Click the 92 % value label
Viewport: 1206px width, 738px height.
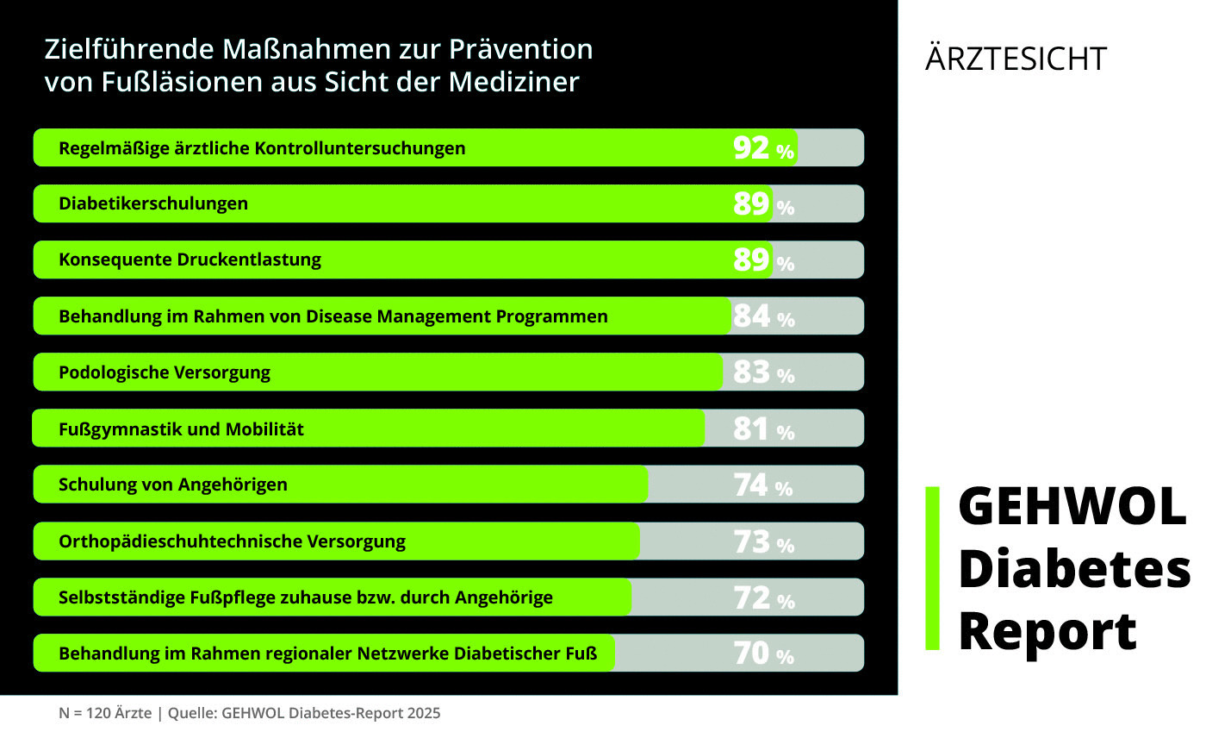(763, 148)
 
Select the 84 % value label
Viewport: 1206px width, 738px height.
(763, 316)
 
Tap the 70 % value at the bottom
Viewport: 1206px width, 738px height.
(763, 654)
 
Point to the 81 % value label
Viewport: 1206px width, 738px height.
(763, 428)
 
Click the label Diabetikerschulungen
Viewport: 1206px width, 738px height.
(153, 203)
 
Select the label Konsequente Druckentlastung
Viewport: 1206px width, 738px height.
(190, 260)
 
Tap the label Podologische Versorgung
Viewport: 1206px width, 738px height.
(165, 372)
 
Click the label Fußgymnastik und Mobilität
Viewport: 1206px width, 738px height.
(181, 428)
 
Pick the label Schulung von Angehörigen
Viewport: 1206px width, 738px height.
(173, 485)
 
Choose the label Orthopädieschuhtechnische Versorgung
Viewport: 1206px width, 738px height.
(232, 541)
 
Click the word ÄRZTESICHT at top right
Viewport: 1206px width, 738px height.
(1016, 59)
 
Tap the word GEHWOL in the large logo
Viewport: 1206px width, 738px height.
(1072, 507)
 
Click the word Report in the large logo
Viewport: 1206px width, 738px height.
(1047, 631)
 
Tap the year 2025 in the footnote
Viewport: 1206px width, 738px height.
(423, 713)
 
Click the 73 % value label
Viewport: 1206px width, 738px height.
(763, 541)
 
